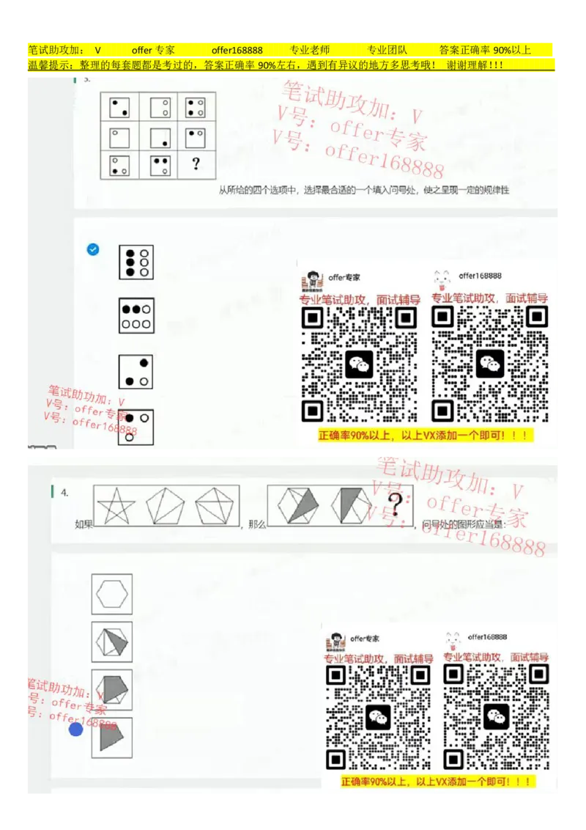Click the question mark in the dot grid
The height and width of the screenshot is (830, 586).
[x=196, y=164]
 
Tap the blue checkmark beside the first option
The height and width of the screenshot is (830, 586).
[x=93, y=249]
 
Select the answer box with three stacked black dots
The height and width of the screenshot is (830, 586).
[x=136, y=262]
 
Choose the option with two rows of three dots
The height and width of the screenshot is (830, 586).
[x=136, y=316]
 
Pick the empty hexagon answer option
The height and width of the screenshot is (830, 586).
[x=112, y=594]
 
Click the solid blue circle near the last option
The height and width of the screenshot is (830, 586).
[x=76, y=729]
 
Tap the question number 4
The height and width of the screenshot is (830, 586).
[x=65, y=493]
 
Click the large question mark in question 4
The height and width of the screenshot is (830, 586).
[x=396, y=504]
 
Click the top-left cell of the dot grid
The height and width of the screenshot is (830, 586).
[x=119, y=108]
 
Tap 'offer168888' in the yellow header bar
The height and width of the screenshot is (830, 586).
[x=237, y=51]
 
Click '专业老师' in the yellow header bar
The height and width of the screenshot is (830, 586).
[x=310, y=51]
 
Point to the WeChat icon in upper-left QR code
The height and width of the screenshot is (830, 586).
[x=359, y=364]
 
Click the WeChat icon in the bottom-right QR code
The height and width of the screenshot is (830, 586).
[x=496, y=716]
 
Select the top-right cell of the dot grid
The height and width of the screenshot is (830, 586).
[x=196, y=108]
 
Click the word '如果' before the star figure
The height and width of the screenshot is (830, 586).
[x=84, y=524]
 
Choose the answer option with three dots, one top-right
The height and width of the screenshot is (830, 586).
[x=136, y=372]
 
